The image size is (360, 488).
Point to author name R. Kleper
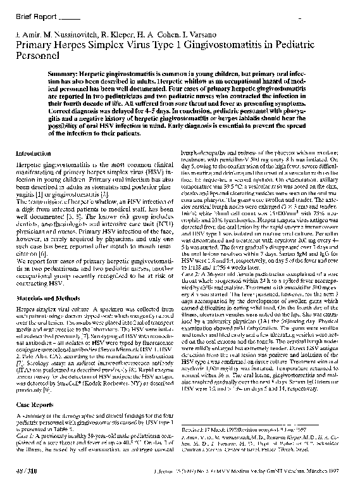click(x=109, y=33)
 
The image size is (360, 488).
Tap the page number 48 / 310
click(x=27, y=472)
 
